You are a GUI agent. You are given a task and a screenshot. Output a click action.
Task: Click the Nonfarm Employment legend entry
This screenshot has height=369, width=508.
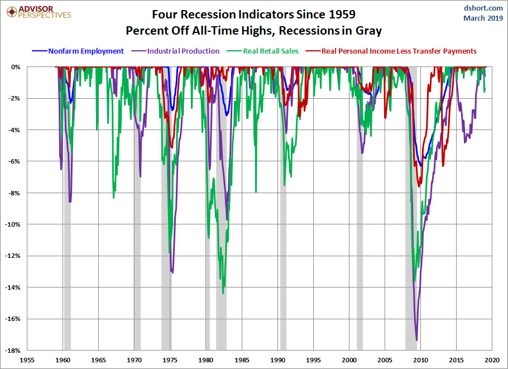pos(86,51)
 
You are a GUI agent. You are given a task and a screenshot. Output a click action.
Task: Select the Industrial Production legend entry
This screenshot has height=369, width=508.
pos(183,51)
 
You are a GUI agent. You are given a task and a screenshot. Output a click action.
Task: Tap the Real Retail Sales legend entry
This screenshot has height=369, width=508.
pos(270,51)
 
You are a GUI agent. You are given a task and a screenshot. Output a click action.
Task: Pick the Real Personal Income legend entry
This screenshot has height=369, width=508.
pos(399,51)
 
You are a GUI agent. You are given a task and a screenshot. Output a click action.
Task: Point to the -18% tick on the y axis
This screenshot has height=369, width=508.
pos(14,351)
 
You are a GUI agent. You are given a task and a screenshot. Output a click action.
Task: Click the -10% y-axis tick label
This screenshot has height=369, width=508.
pos(14,224)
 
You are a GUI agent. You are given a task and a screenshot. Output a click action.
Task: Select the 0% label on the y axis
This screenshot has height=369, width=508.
pos(16,67)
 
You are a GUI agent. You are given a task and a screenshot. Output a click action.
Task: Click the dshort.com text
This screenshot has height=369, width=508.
pos(483,8)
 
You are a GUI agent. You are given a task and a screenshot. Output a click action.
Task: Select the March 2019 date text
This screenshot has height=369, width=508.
pos(483,18)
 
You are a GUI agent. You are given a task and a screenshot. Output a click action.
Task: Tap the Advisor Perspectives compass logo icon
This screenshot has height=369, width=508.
pos(9,12)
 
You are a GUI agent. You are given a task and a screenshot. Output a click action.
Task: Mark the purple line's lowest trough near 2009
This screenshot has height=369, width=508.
pos(416,339)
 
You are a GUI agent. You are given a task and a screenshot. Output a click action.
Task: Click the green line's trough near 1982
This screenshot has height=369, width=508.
pos(223,293)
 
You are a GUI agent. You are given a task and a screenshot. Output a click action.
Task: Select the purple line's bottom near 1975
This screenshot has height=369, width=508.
pos(172,272)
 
